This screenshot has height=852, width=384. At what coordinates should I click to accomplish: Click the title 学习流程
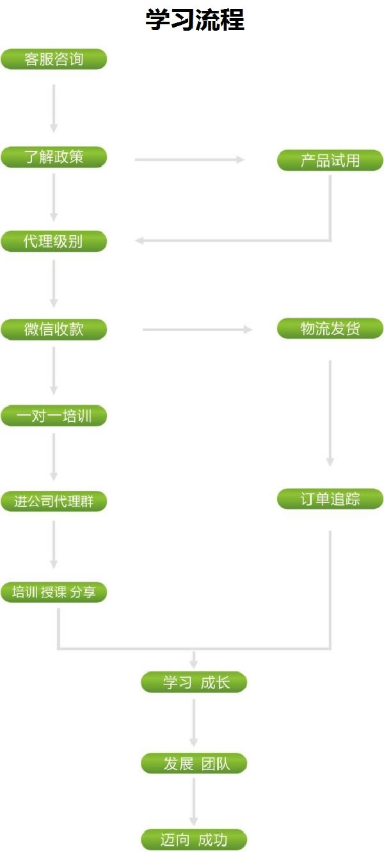point(195,20)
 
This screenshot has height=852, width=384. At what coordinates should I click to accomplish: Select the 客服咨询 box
point(54,59)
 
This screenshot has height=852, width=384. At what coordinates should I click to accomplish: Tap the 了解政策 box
point(54,157)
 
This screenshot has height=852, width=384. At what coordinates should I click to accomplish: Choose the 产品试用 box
point(330,160)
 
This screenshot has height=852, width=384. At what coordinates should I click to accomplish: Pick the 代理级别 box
point(54,241)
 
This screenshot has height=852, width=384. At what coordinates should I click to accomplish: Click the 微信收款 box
point(54,329)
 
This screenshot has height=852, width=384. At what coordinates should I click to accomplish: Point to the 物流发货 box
point(330,329)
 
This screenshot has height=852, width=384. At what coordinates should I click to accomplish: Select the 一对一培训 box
point(54,415)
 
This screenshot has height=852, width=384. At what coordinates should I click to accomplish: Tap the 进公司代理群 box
point(54,501)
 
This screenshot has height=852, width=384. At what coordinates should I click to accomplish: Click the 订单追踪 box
point(330,499)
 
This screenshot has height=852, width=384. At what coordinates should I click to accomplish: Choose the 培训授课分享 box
point(54,593)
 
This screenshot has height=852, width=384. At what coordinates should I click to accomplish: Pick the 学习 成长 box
point(194,682)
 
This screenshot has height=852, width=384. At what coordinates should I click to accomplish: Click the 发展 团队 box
point(194,763)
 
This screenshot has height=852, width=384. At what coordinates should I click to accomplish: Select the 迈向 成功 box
point(194,839)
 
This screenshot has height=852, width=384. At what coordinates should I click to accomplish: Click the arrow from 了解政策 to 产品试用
point(189,160)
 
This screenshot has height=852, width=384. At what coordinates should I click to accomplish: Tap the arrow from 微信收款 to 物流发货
point(197,329)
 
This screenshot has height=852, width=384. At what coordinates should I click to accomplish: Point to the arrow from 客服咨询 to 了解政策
point(54,109)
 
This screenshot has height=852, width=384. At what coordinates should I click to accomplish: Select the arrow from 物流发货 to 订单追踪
point(330,413)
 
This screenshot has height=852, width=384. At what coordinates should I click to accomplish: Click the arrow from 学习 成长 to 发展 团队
point(193,723)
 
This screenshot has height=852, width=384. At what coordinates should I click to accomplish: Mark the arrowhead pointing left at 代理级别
point(139,241)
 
